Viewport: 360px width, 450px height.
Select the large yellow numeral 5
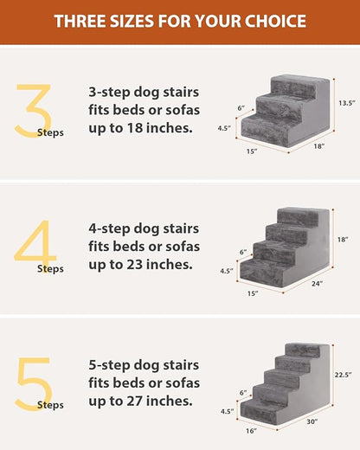34,379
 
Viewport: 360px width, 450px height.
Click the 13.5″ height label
347,103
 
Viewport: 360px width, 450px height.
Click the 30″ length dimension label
311,421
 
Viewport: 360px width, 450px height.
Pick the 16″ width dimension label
251,429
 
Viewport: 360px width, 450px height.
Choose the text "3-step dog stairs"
145,93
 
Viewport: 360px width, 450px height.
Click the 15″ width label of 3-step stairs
251,152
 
